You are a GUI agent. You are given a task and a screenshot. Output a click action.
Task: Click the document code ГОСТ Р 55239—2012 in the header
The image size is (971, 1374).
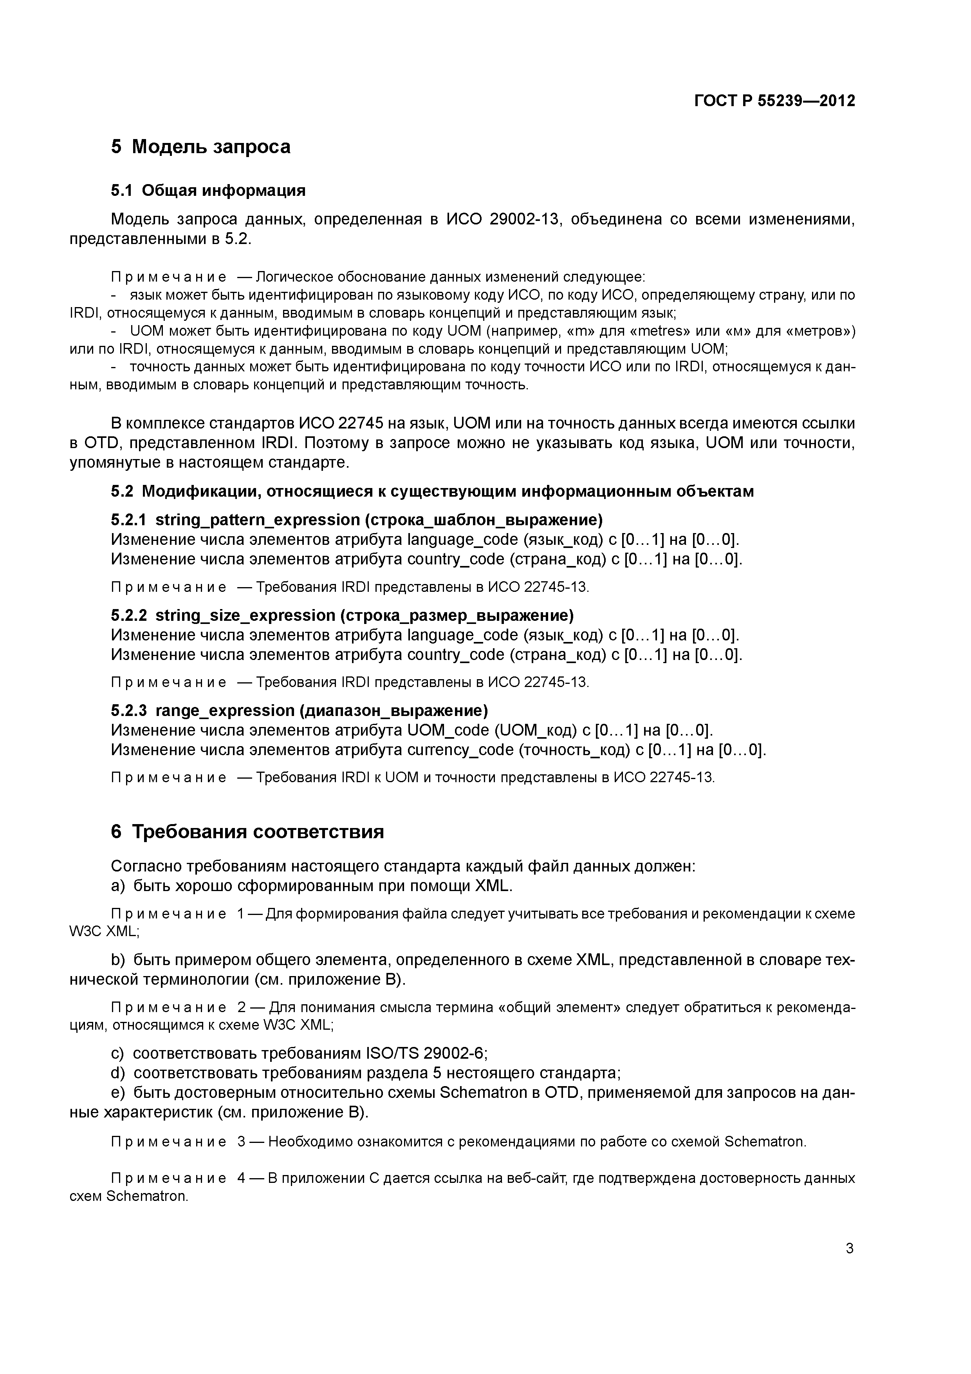click(775, 101)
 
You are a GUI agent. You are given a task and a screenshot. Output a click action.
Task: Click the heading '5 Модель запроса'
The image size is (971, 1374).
click(200, 146)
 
